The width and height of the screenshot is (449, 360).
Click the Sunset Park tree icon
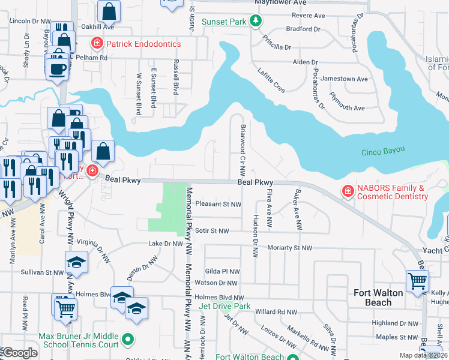[x=256, y=22]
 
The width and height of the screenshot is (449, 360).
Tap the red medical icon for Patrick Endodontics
[x=96, y=43]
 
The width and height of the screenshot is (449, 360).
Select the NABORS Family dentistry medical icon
[x=347, y=191]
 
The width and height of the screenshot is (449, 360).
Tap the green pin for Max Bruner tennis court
[x=127, y=340]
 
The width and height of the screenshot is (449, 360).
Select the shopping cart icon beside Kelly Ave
[x=417, y=281]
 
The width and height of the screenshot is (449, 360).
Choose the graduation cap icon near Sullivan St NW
[x=76, y=262]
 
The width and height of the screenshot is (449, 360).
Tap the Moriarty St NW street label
[x=291, y=248]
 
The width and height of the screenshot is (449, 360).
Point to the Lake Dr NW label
[x=165, y=244]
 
